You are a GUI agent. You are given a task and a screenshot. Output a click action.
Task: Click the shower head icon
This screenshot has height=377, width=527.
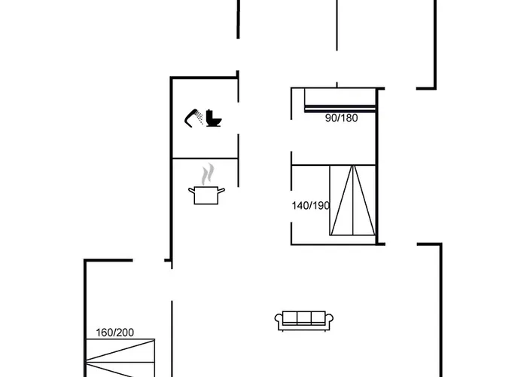point(193,118)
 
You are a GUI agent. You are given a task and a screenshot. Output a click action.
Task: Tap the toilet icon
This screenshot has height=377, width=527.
point(213,118)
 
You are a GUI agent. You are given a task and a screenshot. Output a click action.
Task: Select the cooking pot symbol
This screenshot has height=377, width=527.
point(206,195)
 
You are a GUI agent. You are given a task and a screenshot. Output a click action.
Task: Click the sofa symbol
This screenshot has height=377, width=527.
point(304,320)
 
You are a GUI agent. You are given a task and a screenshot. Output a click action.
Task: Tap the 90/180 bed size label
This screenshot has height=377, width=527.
point(342,118)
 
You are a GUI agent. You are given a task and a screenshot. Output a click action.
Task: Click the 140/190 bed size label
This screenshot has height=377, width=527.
point(310,205)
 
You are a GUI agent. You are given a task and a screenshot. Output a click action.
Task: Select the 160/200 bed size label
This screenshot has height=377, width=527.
point(115,333)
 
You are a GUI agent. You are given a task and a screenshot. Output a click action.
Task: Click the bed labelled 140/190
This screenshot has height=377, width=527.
point(352,201)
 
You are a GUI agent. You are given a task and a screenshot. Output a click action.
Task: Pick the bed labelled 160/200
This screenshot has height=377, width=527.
point(120,358)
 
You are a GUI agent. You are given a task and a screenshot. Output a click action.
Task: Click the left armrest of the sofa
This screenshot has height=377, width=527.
point(279,320)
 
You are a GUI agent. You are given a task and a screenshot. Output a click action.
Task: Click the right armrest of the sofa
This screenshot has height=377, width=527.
point(329,320)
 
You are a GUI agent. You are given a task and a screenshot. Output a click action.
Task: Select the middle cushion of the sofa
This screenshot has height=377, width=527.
point(304,317)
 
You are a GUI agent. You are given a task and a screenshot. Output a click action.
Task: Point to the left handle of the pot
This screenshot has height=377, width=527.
point(191,191)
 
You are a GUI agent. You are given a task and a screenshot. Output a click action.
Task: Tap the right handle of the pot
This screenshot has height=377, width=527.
point(221,191)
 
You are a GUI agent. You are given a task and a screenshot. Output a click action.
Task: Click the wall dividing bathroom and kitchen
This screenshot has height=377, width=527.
point(205,158)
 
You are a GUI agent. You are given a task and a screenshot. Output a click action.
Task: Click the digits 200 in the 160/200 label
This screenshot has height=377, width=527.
point(126,333)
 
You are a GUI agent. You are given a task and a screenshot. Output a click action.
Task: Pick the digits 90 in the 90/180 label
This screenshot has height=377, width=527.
point(331,118)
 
